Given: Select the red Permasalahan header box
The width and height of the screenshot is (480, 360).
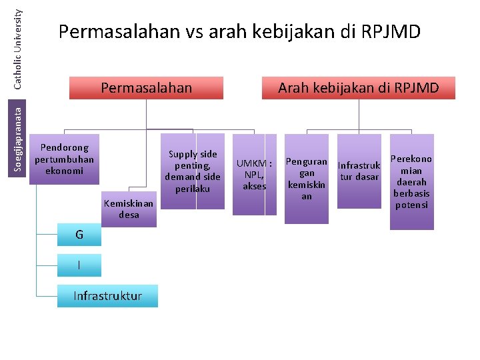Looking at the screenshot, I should click(x=146, y=87).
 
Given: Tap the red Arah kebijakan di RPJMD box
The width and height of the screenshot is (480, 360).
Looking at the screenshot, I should click(x=358, y=87).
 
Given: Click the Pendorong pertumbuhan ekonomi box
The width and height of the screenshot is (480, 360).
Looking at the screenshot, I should click(x=65, y=159).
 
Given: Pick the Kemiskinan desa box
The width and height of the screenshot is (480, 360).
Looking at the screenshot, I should click(x=129, y=209).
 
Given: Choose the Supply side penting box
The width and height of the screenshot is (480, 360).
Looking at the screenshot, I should click(x=192, y=171).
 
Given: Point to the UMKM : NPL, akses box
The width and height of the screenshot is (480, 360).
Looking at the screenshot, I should click(x=255, y=175).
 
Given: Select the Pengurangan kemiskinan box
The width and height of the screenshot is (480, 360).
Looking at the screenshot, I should click(x=307, y=179).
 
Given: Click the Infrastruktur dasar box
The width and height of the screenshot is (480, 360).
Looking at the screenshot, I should click(x=359, y=171).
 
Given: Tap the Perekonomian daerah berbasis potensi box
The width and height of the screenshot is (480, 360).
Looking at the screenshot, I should click(x=411, y=181).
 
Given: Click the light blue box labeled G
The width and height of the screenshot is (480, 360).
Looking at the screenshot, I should click(x=79, y=235).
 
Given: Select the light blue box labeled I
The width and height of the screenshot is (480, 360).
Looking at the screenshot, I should click(x=79, y=265).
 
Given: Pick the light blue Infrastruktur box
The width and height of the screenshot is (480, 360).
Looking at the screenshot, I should click(x=107, y=296).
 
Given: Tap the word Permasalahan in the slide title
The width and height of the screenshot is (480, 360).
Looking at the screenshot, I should click(x=117, y=31).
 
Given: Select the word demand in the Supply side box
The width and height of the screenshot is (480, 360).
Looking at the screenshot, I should click(x=182, y=177).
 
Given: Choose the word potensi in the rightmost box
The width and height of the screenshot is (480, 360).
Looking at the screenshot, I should click(x=411, y=205).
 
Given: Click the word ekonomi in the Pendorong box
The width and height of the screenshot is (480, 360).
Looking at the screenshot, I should click(x=65, y=170).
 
